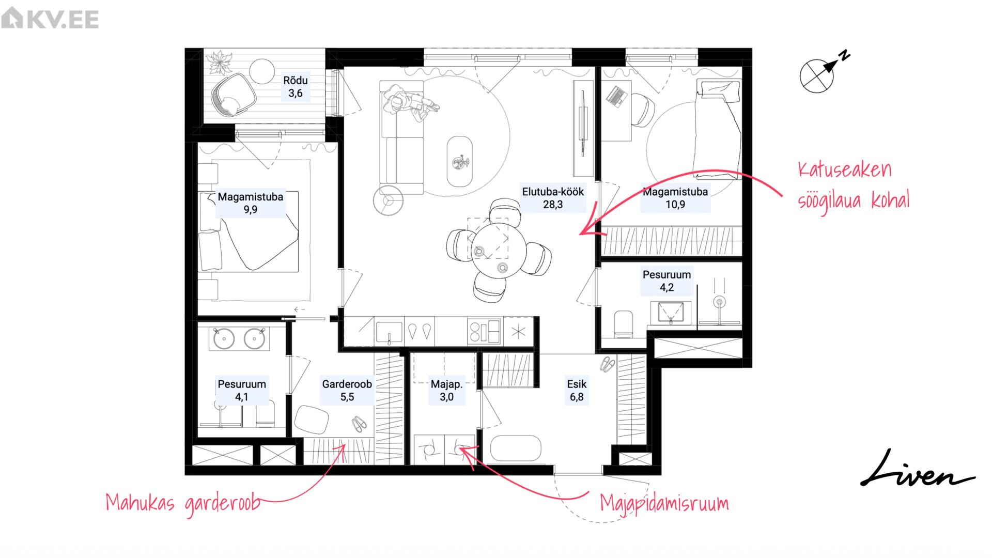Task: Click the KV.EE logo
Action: click(x=50, y=19)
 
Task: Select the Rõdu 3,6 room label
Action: click(x=296, y=87)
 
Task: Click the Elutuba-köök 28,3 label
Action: click(x=553, y=198)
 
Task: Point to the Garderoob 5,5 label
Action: click(x=347, y=391)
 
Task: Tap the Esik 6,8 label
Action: click(x=577, y=391)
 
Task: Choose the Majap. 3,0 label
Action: click(x=446, y=391)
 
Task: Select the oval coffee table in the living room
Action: click(x=459, y=161)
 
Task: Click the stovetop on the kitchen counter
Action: click(x=484, y=331)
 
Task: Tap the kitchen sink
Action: click(x=389, y=332)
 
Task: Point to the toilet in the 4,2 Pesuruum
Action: click(x=624, y=323)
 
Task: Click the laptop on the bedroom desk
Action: click(x=615, y=96)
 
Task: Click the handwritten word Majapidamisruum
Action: click(x=664, y=503)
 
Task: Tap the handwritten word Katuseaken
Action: click(x=845, y=169)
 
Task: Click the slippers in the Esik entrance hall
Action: click(x=608, y=364)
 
